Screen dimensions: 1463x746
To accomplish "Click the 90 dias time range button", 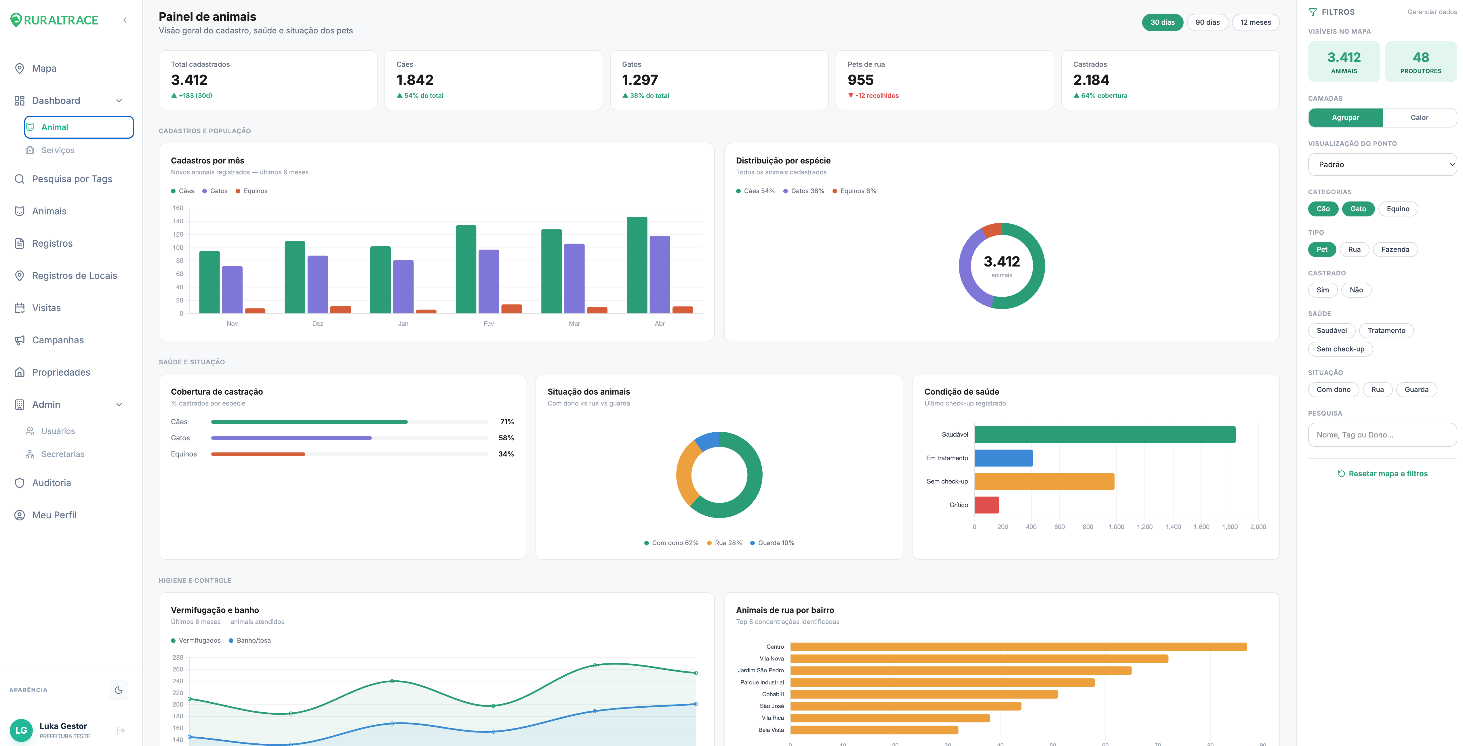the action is pos(1207,22).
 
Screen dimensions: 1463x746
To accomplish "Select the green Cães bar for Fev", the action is pos(466,269).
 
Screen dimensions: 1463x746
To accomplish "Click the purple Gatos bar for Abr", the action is pos(659,274).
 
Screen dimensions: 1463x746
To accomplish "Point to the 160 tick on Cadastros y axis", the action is pos(178,208).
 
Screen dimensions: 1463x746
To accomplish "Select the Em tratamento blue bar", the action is pos(1003,458).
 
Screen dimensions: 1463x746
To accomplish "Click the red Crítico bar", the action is pos(986,505).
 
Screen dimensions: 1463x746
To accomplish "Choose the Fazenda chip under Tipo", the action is pos(1395,250).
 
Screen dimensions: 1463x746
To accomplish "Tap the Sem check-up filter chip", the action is pos(1340,349).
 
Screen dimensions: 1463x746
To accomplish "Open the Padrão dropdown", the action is pos(1382,164).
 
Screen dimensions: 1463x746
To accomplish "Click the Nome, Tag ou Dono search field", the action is pos(1382,435).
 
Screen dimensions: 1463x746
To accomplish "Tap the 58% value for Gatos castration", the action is pos(506,438).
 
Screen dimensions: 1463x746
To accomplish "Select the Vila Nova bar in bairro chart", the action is pos(979,659).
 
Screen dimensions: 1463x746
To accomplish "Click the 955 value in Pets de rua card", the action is pos(860,80).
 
